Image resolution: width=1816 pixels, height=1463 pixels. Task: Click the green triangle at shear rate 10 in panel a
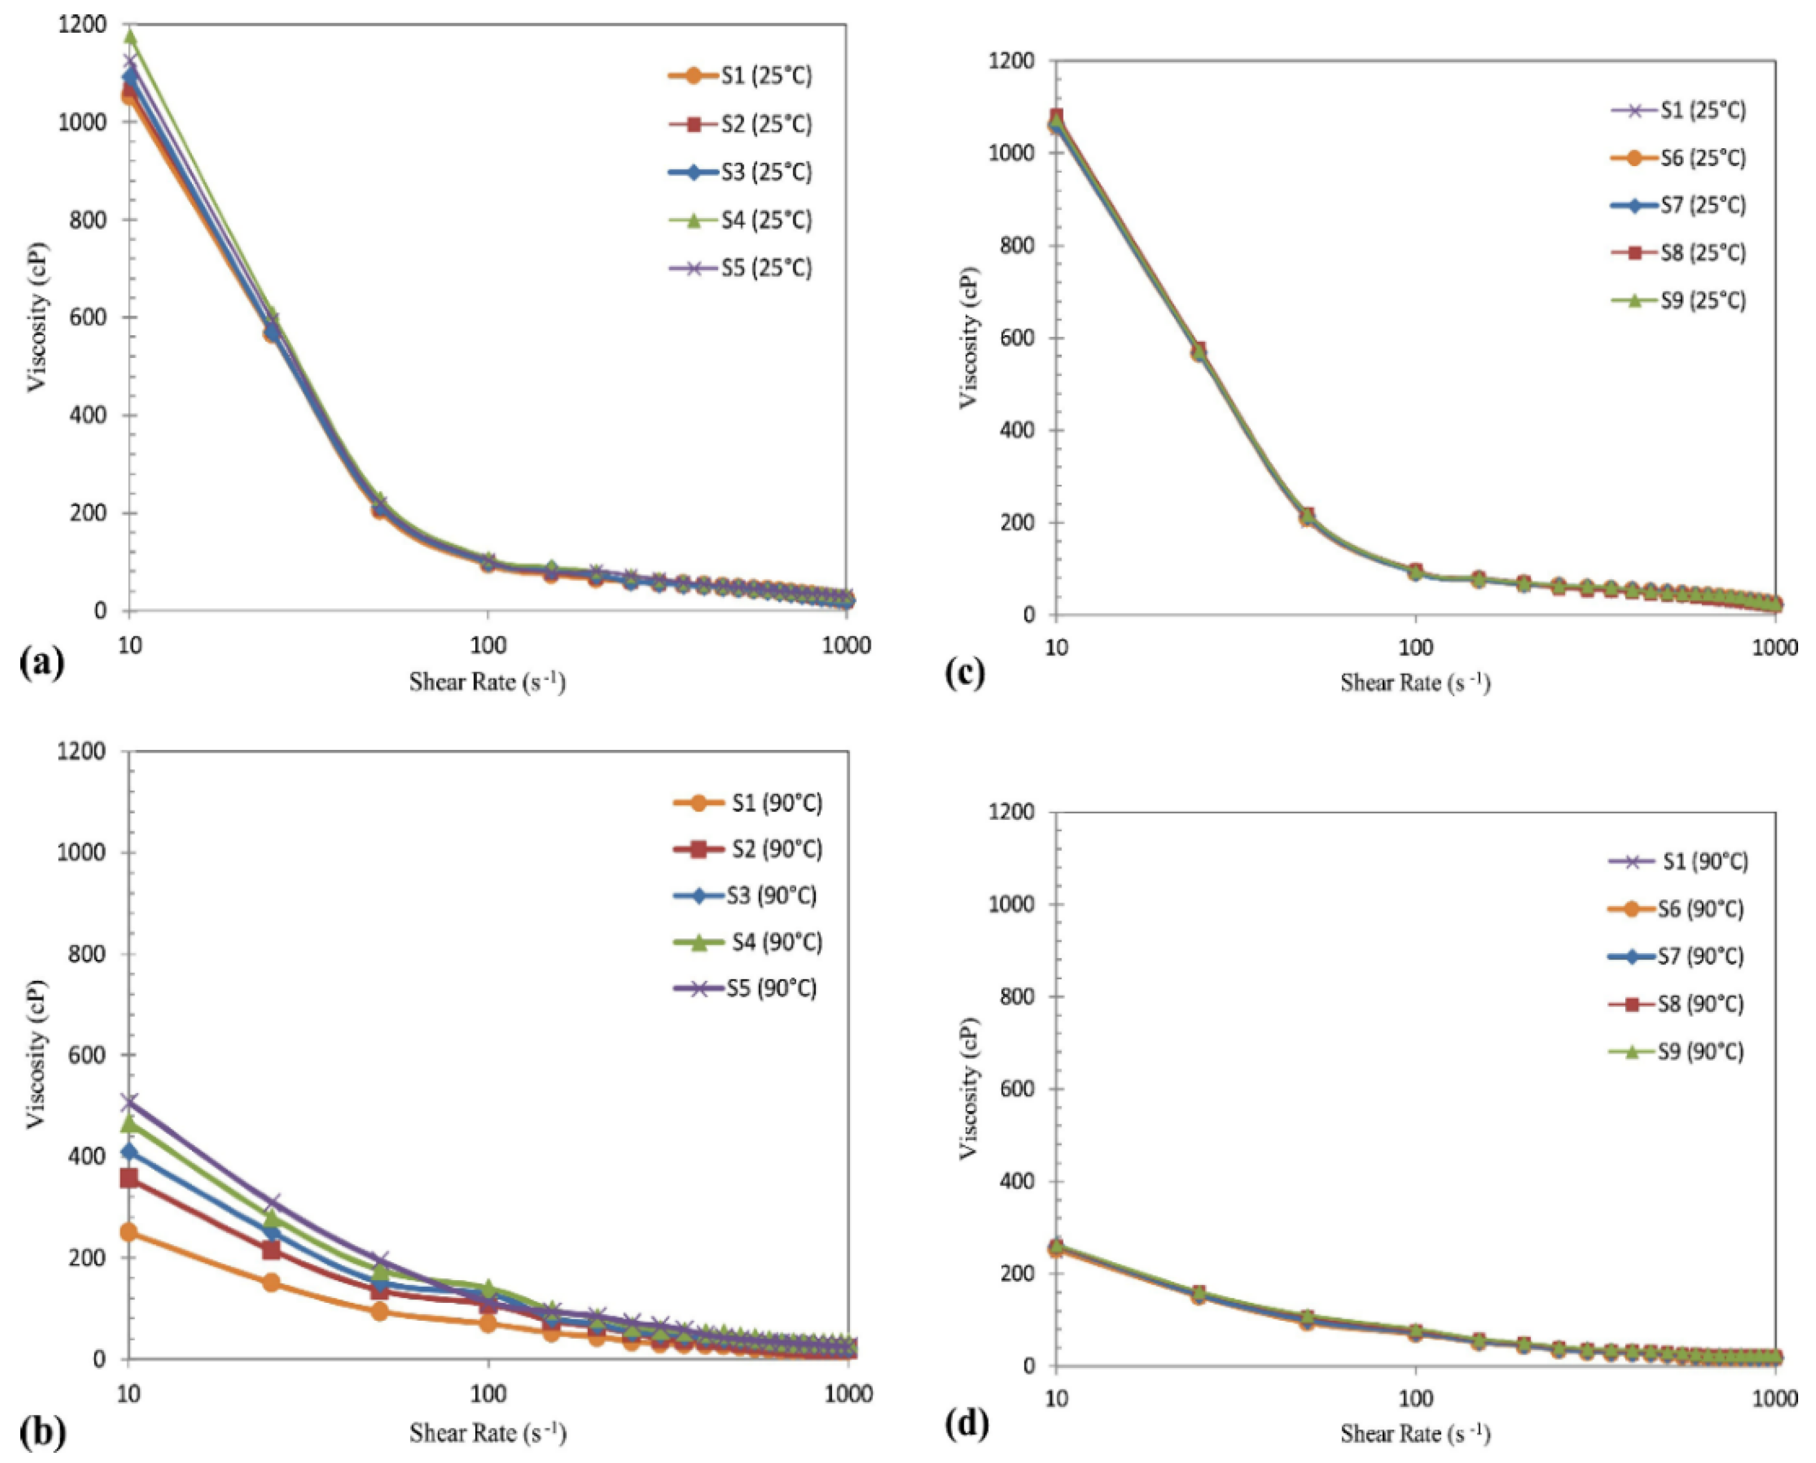130,37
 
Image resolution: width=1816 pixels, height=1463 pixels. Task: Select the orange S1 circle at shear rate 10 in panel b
129,1232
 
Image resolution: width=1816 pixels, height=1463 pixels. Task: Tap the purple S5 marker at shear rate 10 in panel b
129,1102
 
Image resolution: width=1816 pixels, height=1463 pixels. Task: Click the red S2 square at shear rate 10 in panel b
129,1177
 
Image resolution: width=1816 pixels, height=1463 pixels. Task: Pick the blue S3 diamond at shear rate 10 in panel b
129,1151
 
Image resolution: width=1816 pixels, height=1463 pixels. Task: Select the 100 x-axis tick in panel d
1415,1398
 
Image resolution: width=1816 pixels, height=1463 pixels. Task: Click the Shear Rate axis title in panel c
1415,682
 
